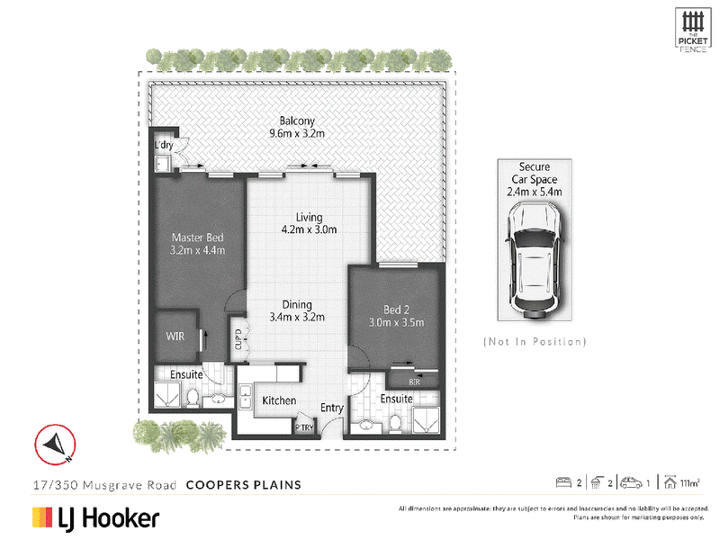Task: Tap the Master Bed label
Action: pyautogui.click(x=197, y=244)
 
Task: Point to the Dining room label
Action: pyautogui.click(x=296, y=310)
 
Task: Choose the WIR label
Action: pyautogui.click(x=175, y=337)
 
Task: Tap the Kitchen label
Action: pyautogui.click(x=279, y=400)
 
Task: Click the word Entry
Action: pyautogui.click(x=332, y=409)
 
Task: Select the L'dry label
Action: pyautogui.click(x=163, y=146)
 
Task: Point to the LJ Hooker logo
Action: pyautogui.click(x=95, y=518)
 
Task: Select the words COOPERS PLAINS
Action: pyautogui.click(x=243, y=484)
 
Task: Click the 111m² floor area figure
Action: pyautogui.click(x=690, y=483)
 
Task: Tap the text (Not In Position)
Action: pyautogui.click(x=535, y=342)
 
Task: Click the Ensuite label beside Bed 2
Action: pyautogui.click(x=396, y=398)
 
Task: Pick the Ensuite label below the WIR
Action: pyautogui.click(x=188, y=373)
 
